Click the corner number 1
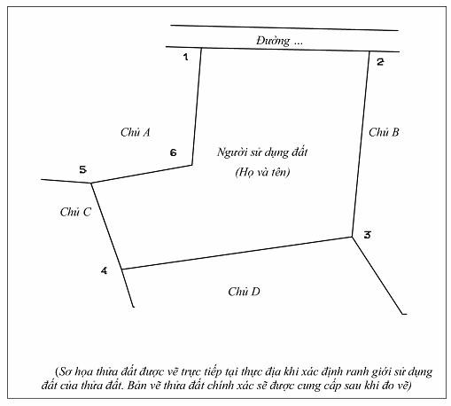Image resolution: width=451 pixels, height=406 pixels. pyautogui.click(x=185, y=57)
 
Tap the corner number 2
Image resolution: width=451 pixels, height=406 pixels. pyautogui.click(x=380, y=62)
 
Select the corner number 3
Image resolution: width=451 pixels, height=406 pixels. pyautogui.click(x=367, y=235)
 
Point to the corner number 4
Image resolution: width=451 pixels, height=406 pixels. pyautogui.click(x=104, y=270)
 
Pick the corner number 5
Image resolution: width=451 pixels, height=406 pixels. pyautogui.click(x=82, y=170)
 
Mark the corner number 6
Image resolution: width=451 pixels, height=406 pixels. pyautogui.click(x=173, y=152)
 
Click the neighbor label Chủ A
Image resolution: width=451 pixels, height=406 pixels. pyautogui.click(x=136, y=132)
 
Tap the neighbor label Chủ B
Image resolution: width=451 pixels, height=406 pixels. pyautogui.click(x=384, y=132)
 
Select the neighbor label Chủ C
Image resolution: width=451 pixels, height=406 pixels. pyautogui.click(x=75, y=212)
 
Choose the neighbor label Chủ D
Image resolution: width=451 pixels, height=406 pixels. pyautogui.click(x=244, y=292)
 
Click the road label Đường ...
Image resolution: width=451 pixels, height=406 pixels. pyautogui.click(x=273, y=41)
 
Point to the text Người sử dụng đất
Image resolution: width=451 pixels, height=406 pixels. pyautogui.click(x=262, y=152)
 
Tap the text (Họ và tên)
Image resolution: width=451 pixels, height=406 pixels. pyautogui.click(x=262, y=172)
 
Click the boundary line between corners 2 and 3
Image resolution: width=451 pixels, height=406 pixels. pyautogui.click(x=361, y=144)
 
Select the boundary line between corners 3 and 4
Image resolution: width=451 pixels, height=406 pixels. pyautogui.click(x=237, y=253)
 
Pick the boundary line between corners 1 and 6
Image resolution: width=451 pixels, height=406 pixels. pyautogui.click(x=197, y=106)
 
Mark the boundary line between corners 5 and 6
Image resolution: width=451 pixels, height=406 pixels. pyautogui.click(x=142, y=175)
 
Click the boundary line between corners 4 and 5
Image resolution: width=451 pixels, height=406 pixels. pyautogui.click(x=106, y=226)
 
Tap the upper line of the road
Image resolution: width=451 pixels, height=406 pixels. pyautogui.click(x=284, y=27)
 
